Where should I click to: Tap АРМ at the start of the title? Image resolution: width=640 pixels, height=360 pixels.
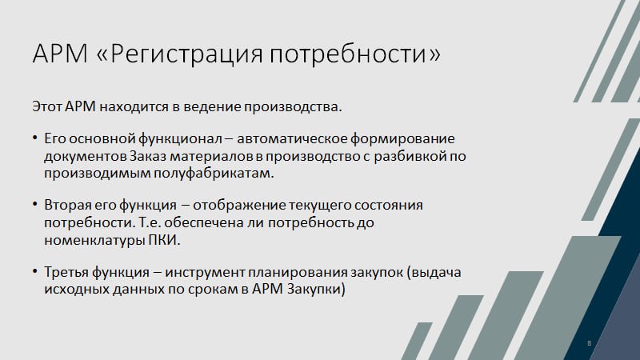click(60, 53)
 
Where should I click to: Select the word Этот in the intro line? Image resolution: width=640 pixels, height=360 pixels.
click(47, 106)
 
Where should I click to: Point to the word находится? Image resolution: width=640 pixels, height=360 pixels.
click(134, 106)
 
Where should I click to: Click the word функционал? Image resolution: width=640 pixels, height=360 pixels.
click(180, 139)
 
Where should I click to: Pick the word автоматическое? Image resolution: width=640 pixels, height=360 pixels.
click(291, 138)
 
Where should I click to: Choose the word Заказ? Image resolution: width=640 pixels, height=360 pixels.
click(148, 156)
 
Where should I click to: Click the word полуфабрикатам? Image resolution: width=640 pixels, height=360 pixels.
click(214, 174)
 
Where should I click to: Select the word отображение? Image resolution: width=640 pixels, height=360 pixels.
click(238, 206)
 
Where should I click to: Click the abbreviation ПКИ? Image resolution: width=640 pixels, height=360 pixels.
click(163, 240)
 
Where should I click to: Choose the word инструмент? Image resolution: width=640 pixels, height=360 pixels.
click(205, 273)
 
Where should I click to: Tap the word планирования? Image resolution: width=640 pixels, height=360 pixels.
click(295, 273)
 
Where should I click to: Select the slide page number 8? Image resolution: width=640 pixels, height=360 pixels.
click(589, 343)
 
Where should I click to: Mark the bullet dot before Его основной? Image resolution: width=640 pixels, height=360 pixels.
click(35, 138)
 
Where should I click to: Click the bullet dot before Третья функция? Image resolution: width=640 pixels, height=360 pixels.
click(35, 271)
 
